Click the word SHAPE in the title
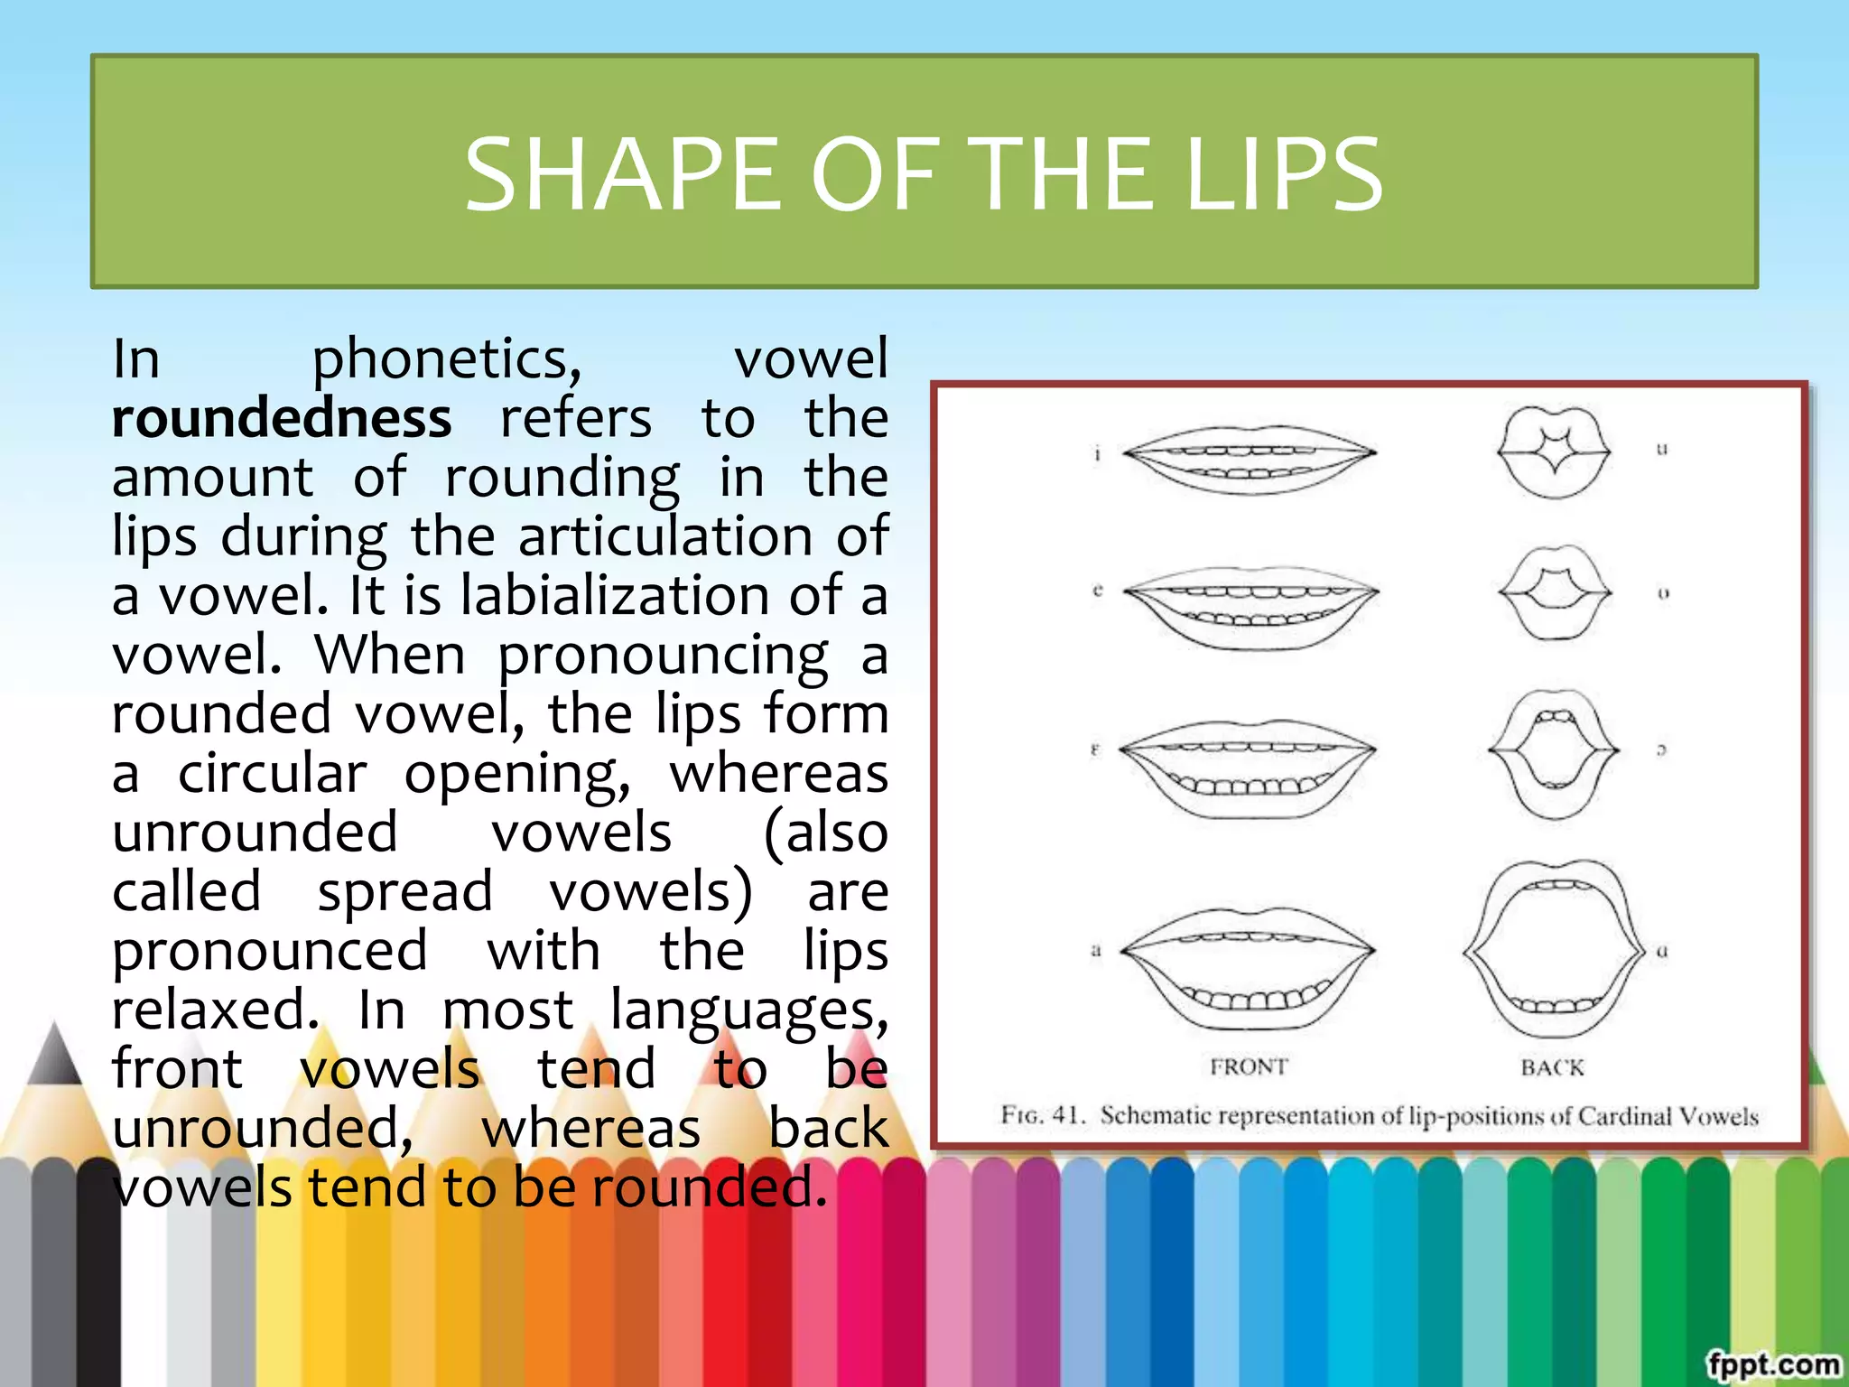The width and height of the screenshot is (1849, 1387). point(622,174)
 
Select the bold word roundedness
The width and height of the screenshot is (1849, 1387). point(282,419)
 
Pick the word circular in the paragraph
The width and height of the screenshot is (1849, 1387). point(272,774)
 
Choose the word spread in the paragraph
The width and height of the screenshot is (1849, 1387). point(404,893)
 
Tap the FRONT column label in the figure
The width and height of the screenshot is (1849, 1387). point(1249,1067)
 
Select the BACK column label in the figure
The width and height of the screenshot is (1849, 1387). point(1552,1068)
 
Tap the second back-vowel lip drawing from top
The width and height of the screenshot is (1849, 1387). point(1554,592)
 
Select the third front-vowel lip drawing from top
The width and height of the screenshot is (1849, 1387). point(1248,768)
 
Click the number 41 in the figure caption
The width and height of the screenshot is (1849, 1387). point(1068,1115)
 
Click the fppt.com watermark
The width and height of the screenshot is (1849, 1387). point(1771,1364)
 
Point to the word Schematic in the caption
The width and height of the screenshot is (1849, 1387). point(1156,1116)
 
